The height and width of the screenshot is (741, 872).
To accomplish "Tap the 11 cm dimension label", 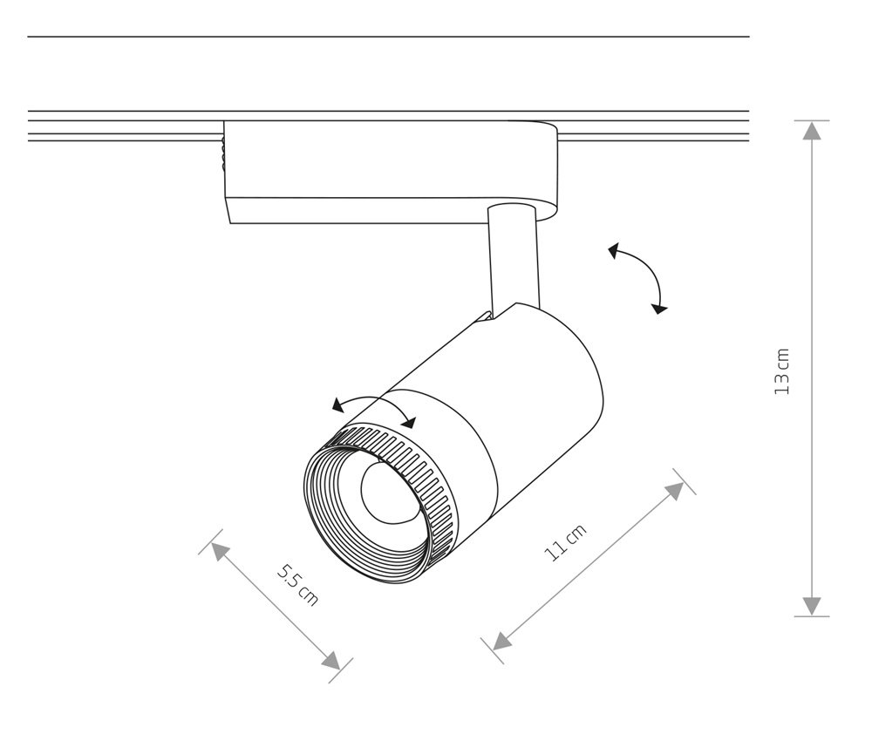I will (x=566, y=543).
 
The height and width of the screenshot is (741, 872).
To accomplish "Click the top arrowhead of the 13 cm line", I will (x=812, y=131).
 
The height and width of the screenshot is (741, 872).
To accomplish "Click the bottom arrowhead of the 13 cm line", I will (x=812, y=606).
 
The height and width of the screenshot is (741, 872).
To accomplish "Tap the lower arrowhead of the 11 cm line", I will (x=501, y=642).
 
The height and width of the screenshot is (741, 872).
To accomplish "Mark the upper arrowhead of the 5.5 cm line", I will (x=219, y=551).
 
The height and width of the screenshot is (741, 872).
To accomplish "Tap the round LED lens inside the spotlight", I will (x=384, y=493).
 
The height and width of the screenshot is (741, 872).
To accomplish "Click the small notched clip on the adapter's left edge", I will (x=223, y=157).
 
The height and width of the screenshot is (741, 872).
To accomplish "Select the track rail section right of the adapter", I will (x=654, y=126).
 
